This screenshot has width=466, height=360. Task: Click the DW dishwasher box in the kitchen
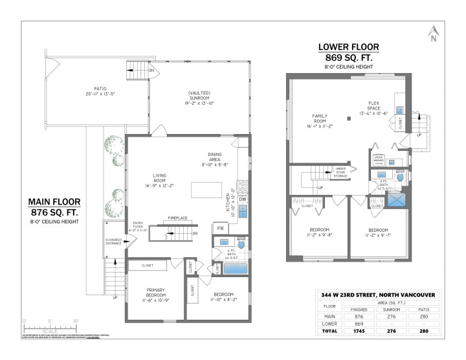pos(242,199)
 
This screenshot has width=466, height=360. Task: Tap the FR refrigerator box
pos(220,229)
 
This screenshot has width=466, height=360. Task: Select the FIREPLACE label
pos(177,218)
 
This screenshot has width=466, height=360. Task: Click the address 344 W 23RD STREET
pos(380,296)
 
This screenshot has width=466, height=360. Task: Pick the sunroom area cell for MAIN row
pos(393,316)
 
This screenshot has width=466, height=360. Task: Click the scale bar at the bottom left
pos(50,327)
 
